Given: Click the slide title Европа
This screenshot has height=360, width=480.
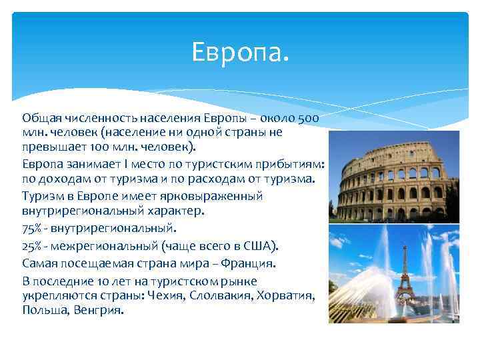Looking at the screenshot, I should pyautogui.click(x=240, y=51).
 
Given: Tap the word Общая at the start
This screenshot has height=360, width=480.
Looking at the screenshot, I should pyautogui.click(x=39, y=117).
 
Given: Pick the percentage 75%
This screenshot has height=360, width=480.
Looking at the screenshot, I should pyautogui.click(x=31, y=229).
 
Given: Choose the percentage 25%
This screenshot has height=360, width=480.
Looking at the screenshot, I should pyautogui.click(x=31, y=245).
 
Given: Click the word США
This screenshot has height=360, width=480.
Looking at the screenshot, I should pyautogui.click(x=256, y=245).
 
